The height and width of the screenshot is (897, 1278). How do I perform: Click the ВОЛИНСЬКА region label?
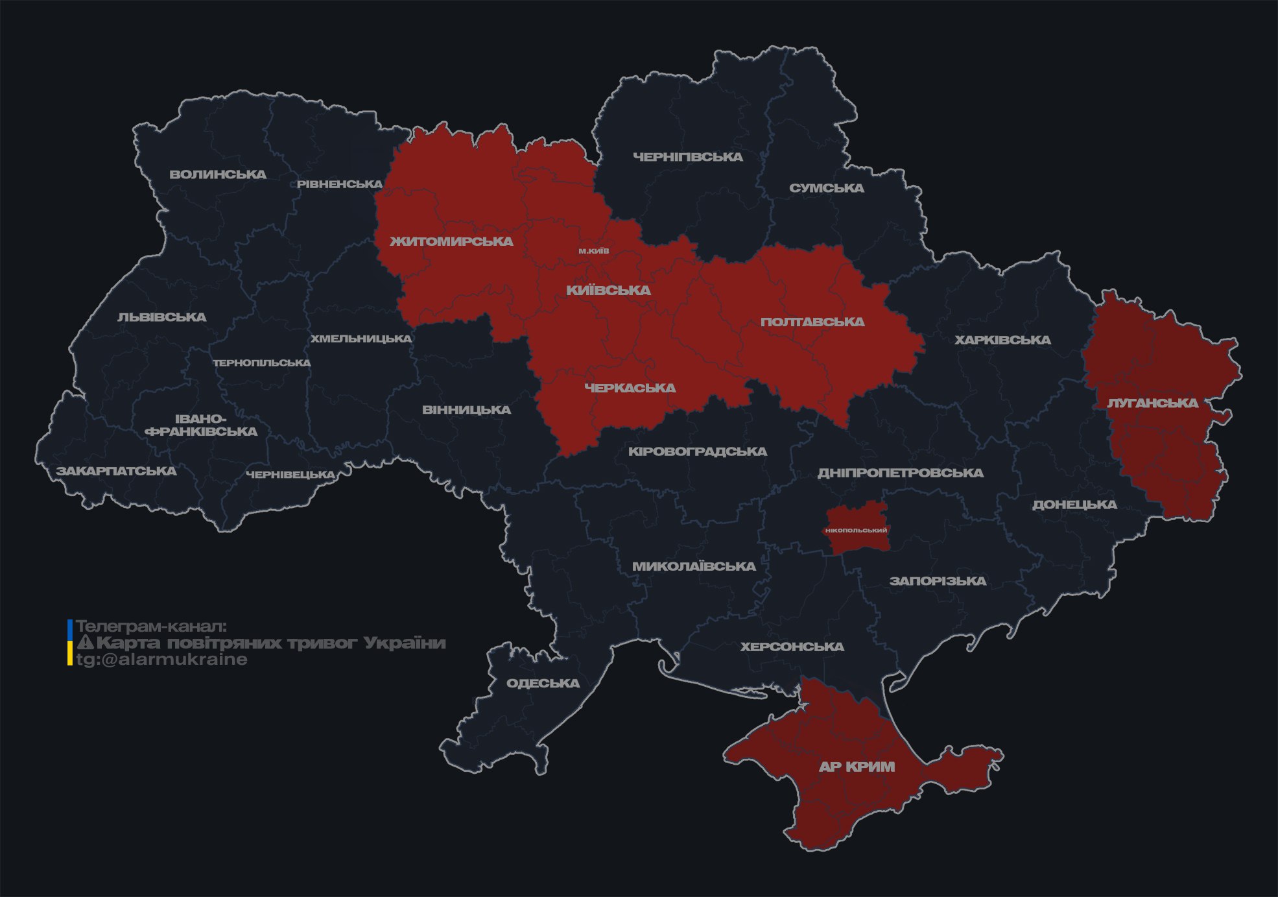(218, 174)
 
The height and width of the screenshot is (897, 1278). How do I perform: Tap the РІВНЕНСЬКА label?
(340, 184)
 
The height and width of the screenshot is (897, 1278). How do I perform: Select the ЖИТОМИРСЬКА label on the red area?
(451, 241)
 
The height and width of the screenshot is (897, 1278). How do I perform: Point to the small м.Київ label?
(594, 251)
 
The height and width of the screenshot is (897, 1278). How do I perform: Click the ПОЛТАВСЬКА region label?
(812, 322)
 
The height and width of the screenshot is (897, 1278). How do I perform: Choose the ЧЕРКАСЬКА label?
(630, 388)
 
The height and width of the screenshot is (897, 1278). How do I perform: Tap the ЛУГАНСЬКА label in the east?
(1152, 403)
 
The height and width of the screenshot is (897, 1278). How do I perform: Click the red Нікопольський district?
(856, 530)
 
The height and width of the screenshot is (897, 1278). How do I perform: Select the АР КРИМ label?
(857, 767)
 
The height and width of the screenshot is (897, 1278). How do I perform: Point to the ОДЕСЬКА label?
(543, 683)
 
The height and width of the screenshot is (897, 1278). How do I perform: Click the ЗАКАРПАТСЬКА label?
(116, 471)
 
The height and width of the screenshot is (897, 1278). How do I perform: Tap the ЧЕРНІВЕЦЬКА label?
(290, 475)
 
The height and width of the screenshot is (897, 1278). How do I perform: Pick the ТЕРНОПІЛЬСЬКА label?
(262, 363)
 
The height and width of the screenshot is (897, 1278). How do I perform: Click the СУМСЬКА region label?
(826, 188)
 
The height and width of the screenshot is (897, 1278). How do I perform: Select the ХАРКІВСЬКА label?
(1002, 340)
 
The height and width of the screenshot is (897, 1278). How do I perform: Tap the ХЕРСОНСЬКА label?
(792, 647)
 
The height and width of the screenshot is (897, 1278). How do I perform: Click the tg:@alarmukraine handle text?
(161, 660)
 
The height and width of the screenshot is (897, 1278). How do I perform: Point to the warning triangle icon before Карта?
(86, 643)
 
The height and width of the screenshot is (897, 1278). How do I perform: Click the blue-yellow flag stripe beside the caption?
(70, 643)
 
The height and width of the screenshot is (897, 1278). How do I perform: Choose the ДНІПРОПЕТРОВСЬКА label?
(900, 473)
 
